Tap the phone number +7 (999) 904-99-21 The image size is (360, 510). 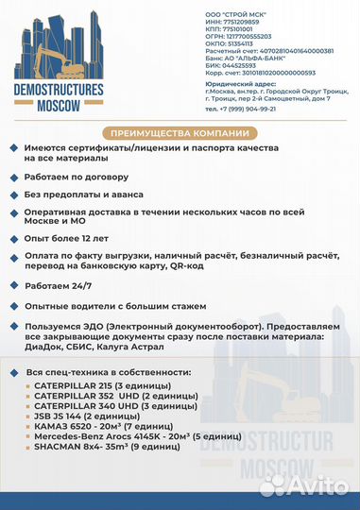240,109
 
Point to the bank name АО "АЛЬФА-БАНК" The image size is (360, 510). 261,58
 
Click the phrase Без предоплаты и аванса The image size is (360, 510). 90,193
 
